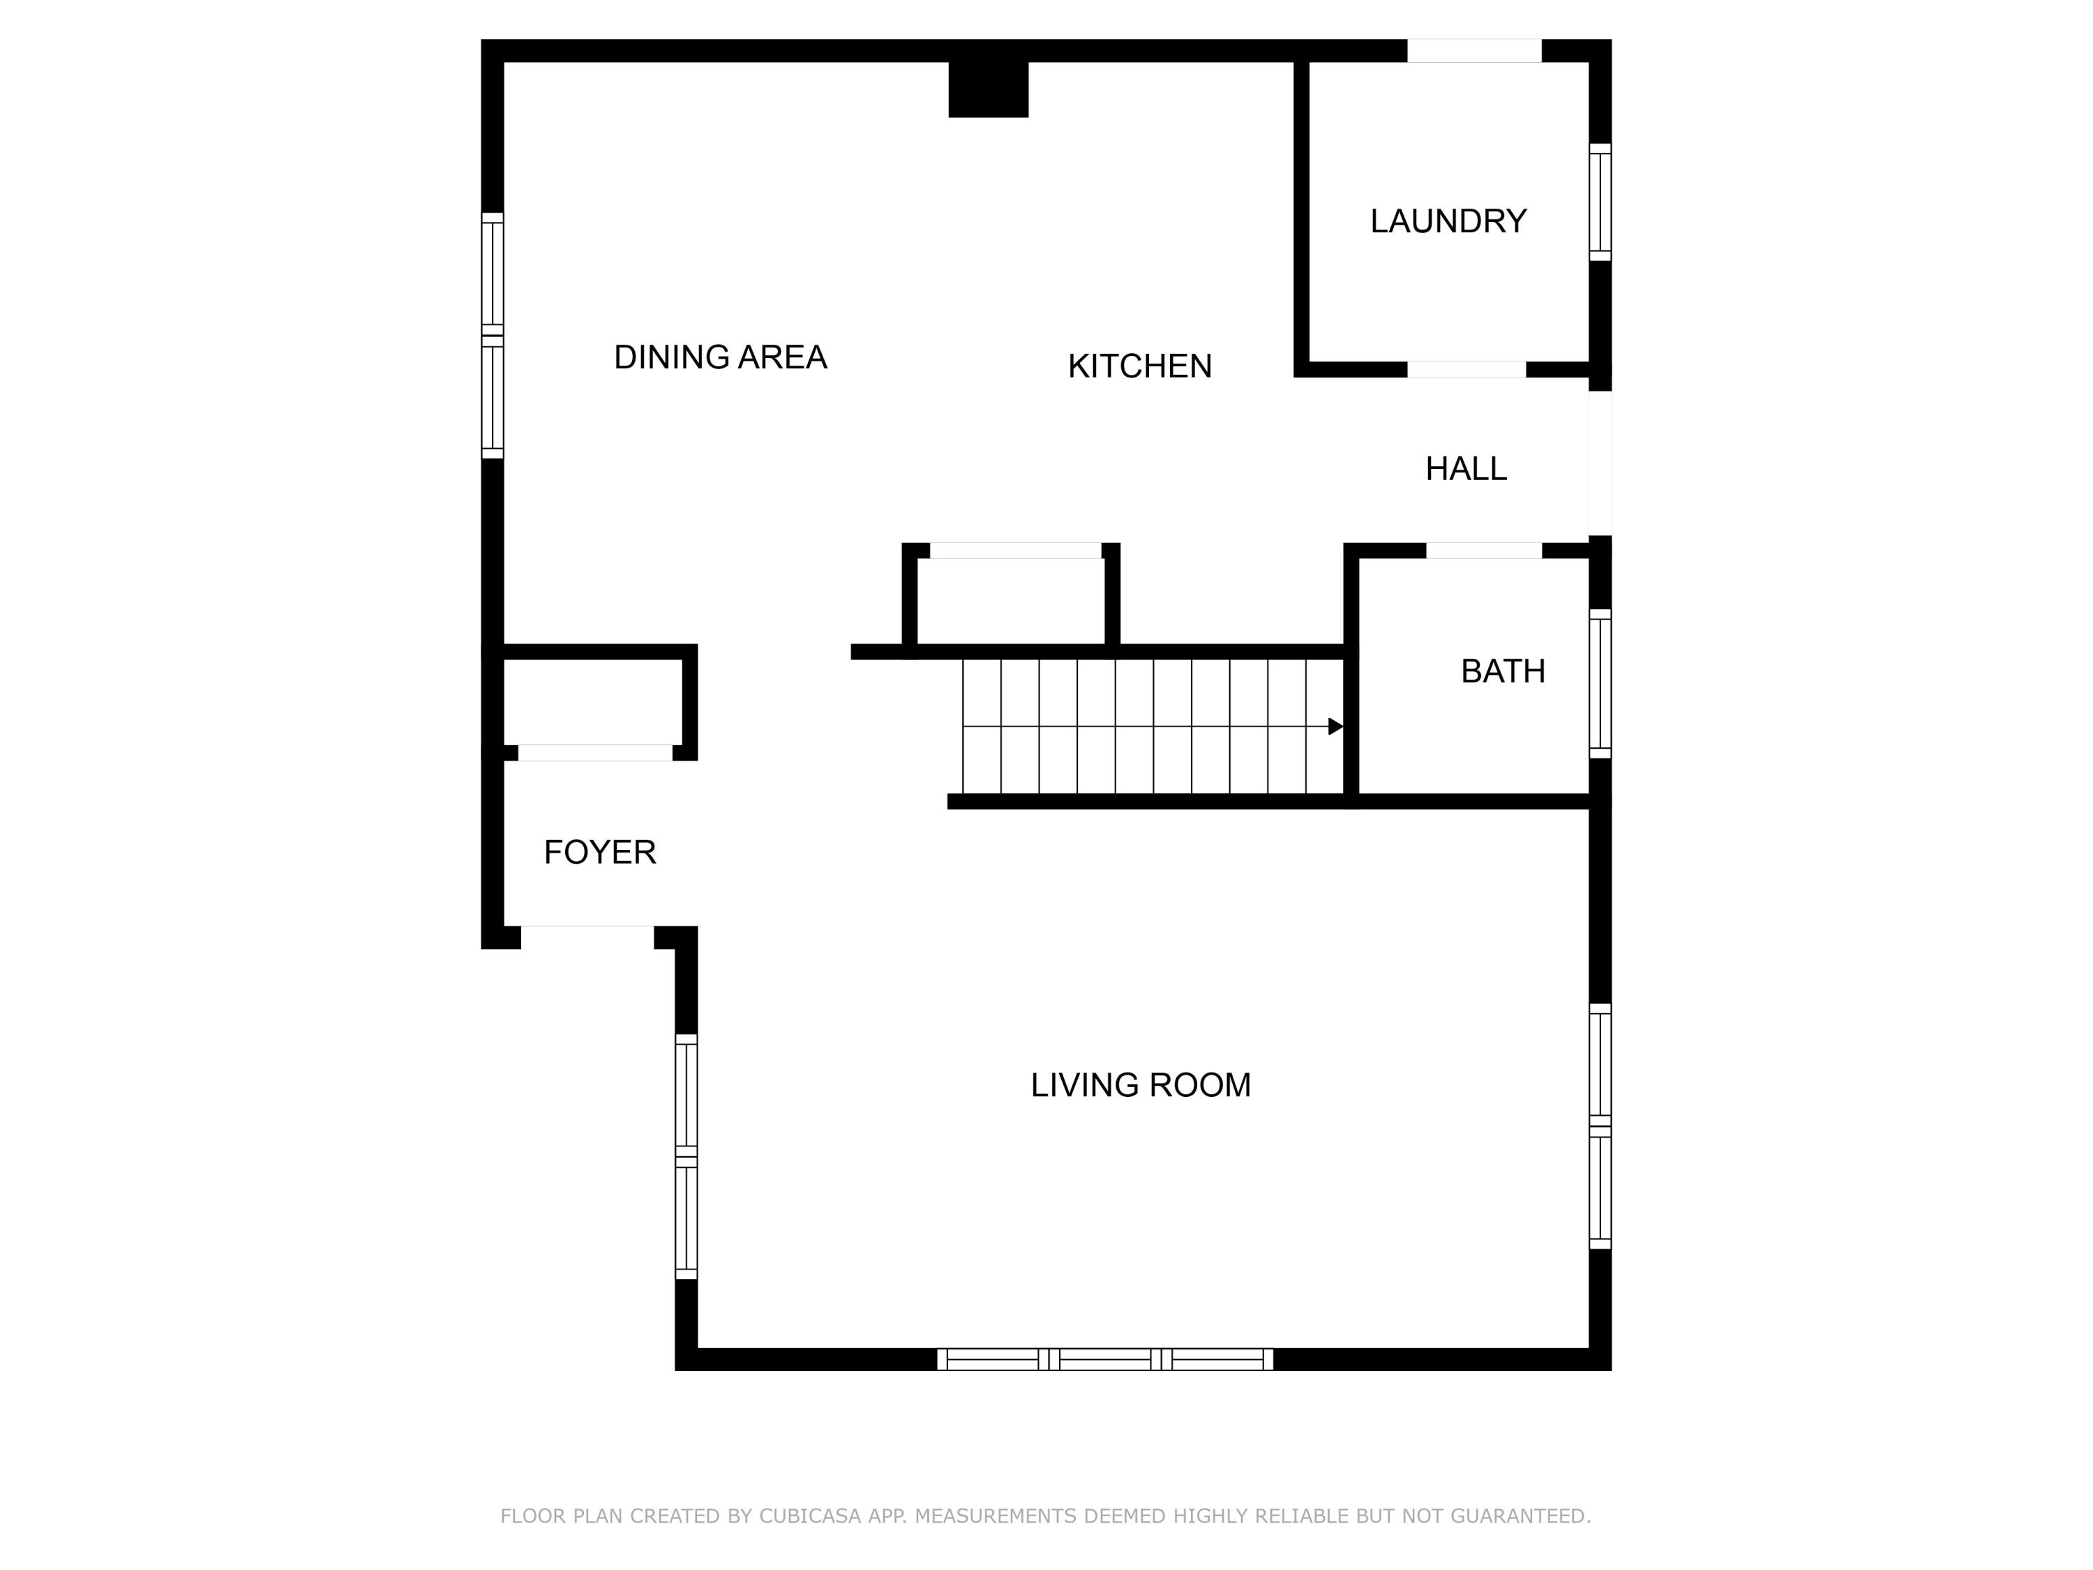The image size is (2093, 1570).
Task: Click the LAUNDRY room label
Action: (1448, 221)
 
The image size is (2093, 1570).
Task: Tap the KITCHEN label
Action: (1139, 366)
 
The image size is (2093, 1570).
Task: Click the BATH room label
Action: (1503, 672)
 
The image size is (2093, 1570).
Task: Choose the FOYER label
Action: (600, 853)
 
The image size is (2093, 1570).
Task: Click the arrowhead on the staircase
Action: (1335, 727)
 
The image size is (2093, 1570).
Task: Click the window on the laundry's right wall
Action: (1599, 202)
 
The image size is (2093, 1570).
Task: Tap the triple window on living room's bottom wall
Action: (1104, 1360)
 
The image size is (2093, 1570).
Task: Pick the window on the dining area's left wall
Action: (492, 336)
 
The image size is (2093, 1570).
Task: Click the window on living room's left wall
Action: (686, 1156)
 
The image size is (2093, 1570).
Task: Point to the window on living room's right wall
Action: (1599, 1126)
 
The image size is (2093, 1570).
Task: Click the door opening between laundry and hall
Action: (1466, 370)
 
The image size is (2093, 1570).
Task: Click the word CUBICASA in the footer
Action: (809, 1516)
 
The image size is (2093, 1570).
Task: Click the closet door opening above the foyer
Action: (595, 754)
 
